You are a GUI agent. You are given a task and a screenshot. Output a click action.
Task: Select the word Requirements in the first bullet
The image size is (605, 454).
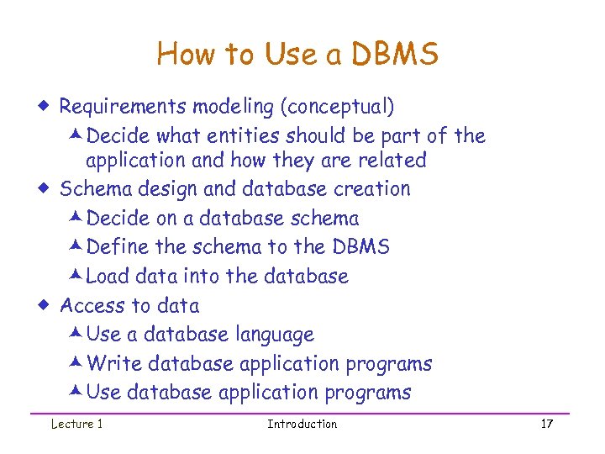click(x=124, y=107)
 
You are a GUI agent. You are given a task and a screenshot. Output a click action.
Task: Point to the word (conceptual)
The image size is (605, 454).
click(x=337, y=107)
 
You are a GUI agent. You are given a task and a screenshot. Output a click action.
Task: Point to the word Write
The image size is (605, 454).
click(x=113, y=363)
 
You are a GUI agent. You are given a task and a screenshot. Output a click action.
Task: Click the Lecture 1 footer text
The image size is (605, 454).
click(x=76, y=424)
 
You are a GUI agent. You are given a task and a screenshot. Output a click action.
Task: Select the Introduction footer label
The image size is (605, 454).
click(x=302, y=424)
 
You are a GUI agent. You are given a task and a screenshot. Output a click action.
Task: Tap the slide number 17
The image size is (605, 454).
click(x=547, y=424)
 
